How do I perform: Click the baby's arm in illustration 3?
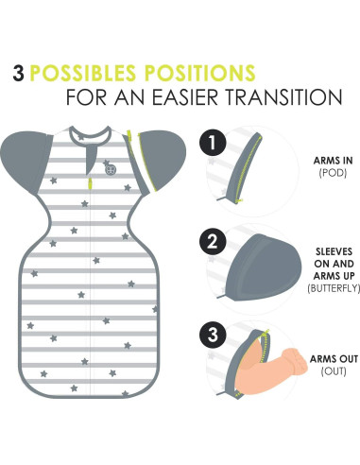click(x=283, y=363)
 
